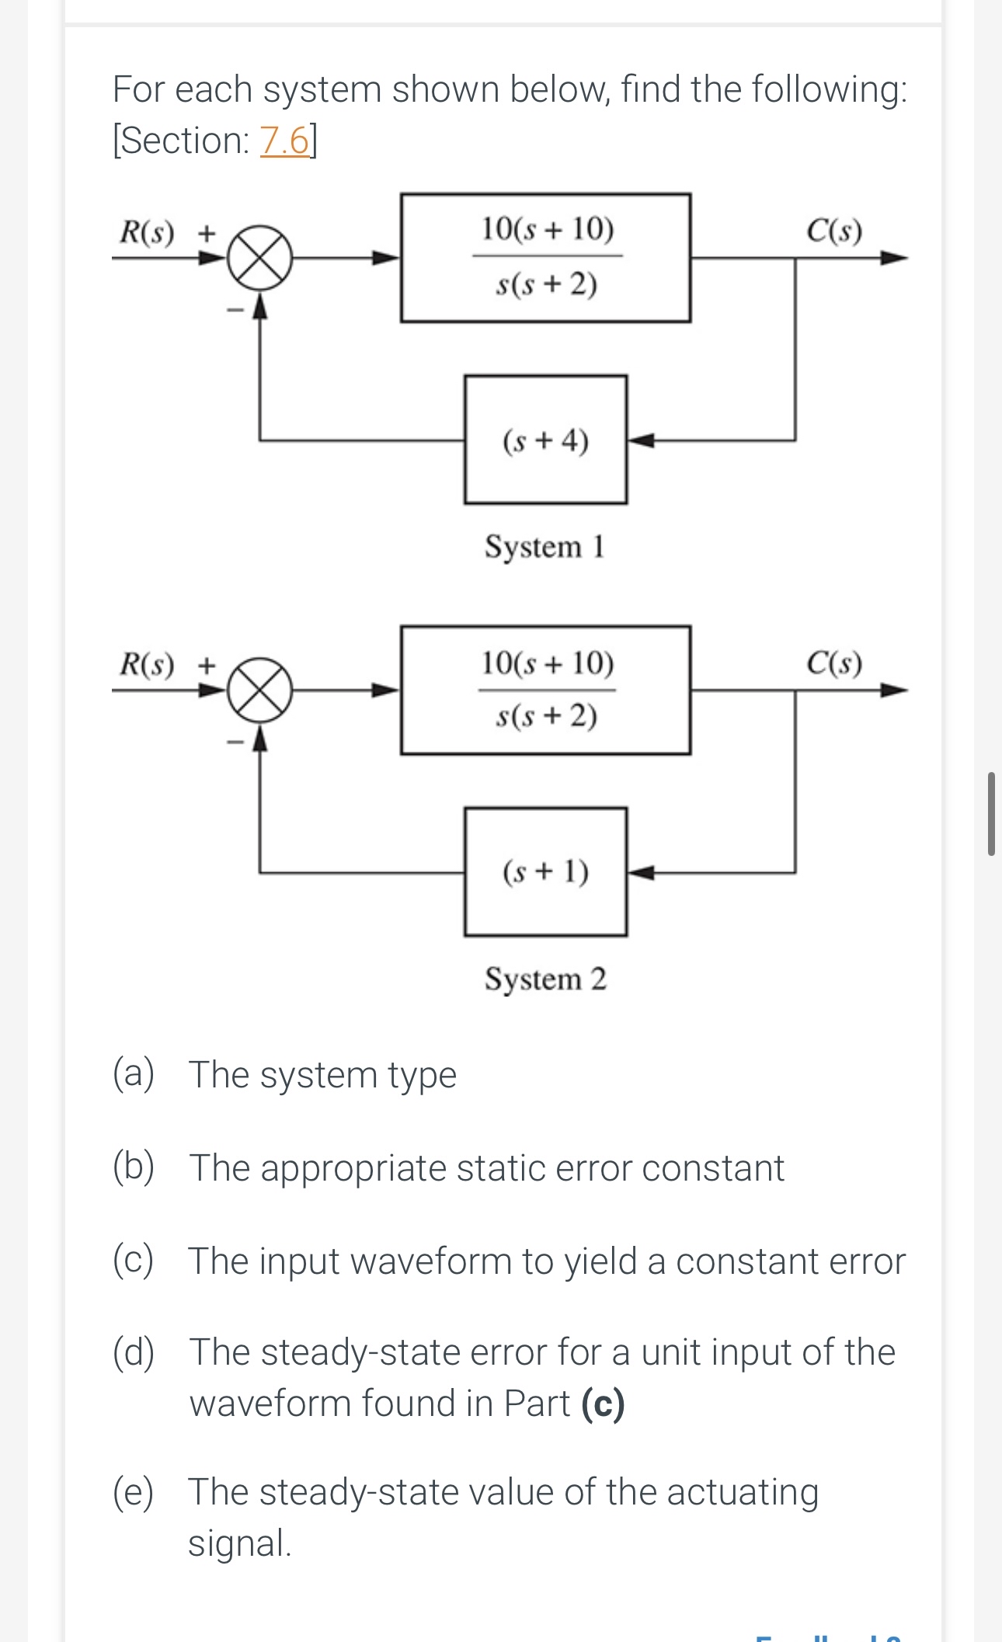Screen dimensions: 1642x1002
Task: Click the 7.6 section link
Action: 284,141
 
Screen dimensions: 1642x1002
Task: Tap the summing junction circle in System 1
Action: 259,258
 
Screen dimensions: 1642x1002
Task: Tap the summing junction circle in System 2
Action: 259,690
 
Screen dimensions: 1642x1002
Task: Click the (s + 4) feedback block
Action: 545,440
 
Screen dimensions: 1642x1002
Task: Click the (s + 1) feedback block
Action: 545,871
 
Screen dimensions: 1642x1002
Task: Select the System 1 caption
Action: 544,546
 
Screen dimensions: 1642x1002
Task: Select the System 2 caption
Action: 545,978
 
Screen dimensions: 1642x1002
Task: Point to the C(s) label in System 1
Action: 834,231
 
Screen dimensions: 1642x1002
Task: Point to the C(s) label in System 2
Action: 834,663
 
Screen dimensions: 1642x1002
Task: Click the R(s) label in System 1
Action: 147,231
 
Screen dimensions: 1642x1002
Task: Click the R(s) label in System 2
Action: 147,664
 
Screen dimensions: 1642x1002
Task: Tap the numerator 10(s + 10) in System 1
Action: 547,229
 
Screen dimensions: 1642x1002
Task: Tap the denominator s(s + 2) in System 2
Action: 547,715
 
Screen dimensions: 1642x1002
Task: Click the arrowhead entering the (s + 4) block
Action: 640,440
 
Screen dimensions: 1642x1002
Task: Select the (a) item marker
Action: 134,1073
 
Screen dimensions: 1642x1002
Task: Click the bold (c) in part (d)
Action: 603,1404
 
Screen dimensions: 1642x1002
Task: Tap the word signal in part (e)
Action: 239,1543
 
